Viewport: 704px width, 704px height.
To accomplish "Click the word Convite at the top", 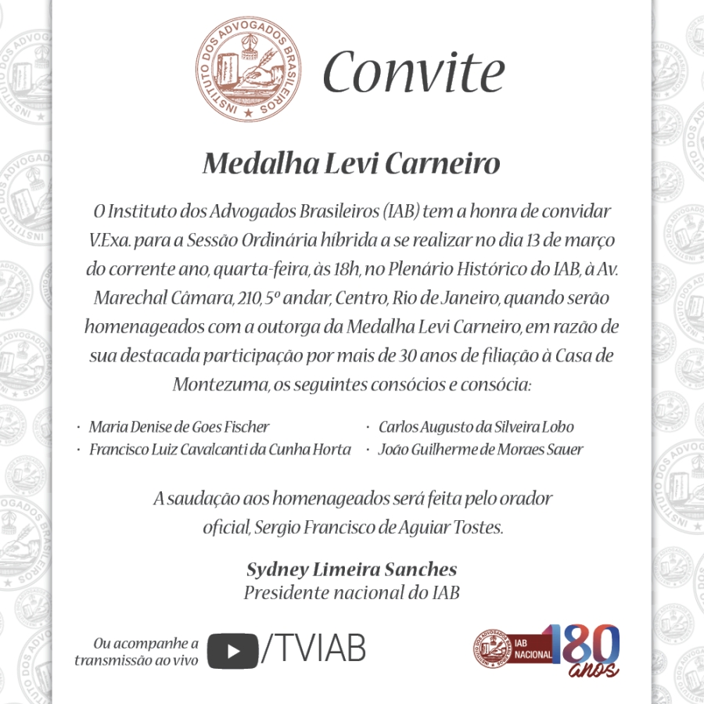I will [413, 72].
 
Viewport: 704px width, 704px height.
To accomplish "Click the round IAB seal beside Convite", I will [249, 71].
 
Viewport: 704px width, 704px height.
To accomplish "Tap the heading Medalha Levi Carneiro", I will [351, 164].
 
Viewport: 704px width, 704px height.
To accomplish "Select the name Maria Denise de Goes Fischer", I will [179, 427].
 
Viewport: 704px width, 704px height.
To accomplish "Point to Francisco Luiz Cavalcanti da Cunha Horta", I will [220, 450].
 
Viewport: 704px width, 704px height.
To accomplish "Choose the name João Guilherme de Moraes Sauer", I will [480, 450].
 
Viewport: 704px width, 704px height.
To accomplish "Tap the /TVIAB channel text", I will [314, 649].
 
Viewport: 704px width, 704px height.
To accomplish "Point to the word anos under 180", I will [594, 671].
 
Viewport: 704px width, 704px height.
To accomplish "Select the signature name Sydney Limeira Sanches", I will [351, 569].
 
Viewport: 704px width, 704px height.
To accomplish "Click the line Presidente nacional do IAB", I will [351, 592].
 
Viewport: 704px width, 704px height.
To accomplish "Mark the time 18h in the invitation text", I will [345, 269].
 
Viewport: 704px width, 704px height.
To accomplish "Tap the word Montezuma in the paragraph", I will [221, 385].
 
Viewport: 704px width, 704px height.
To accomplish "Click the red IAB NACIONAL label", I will [533, 649].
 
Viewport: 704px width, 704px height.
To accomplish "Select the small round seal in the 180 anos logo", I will [492, 649].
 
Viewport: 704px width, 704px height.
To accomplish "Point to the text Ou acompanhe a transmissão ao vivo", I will [136, 652].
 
